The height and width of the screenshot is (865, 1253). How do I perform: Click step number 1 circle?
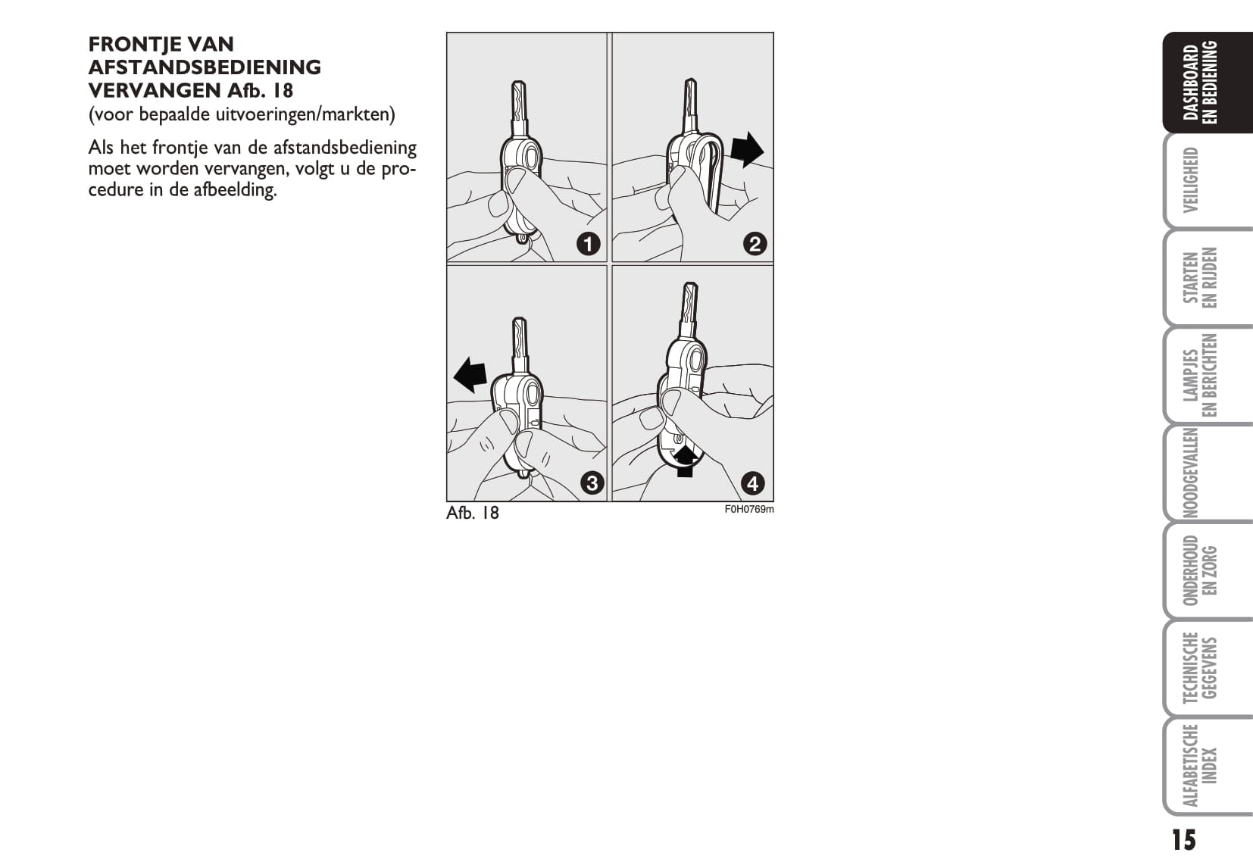[x=588, y=245]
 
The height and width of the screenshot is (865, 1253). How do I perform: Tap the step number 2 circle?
[x=755, y=245]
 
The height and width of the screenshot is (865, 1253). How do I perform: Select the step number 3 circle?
[x=592, y=483]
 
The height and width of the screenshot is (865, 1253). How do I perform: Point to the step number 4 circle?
[x=753, y=483]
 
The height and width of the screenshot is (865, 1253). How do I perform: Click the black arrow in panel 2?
[x=747, y=149]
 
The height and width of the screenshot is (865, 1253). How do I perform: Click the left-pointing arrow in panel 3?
[x=470, y=376]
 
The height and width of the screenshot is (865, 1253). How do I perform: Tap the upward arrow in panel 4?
[x=685, y=461]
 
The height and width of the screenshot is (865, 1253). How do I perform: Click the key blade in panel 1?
[x=518, y=109]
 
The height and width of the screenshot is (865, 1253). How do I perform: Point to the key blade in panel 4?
[x=689, y=310]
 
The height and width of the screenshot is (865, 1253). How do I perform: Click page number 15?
[x=1183, y=841]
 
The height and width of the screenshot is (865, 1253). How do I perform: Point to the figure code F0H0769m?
[x=749, y=510]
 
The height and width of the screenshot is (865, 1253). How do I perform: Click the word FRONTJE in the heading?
[x=139, y=44]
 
